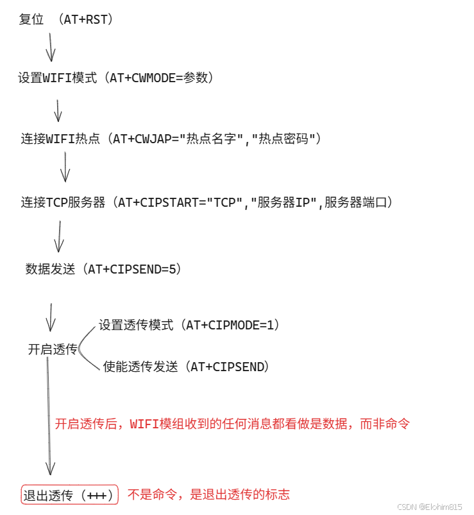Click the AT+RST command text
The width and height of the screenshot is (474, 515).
coord(88,20)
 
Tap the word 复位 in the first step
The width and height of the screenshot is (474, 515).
coord(31,20)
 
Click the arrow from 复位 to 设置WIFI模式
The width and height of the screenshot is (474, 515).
coord(50,48)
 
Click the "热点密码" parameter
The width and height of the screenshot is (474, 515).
coord(286,139)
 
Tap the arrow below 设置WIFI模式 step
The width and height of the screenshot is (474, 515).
coord(58,110)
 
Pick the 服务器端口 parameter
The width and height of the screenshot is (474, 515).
coord(355,203)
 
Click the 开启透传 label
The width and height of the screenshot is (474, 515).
coord(52,350)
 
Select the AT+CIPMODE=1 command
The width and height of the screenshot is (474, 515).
coord(232,326)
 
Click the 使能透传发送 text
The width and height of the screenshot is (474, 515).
coord(139,367)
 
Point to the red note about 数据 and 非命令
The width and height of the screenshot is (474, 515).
coord(232,424)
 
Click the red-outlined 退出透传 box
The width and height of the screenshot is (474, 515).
coord(70,495)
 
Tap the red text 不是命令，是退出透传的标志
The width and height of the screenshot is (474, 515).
coord(208,494)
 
